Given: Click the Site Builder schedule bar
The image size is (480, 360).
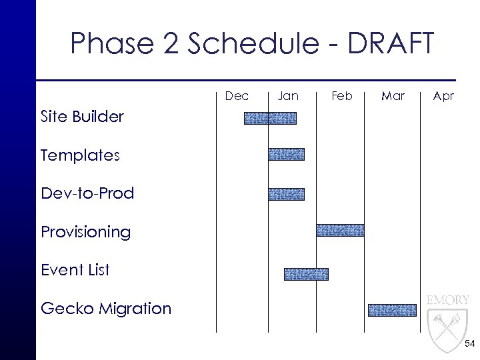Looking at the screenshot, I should click(270, 119).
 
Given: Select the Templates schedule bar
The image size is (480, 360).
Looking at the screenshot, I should click(286, 155).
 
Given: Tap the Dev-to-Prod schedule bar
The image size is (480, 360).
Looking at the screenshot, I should click(286, 194).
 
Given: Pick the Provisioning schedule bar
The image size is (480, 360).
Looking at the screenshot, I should click(340, 231).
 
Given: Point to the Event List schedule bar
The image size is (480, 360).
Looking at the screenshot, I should click(306, 274).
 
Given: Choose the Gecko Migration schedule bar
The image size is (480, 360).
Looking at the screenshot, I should click(392, 310).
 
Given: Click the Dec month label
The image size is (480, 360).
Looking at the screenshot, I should click(237, 96).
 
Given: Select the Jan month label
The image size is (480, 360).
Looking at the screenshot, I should click(288, 96).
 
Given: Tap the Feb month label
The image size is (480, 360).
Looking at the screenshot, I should click(341, 96).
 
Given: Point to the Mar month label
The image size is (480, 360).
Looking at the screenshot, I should click(393, 96).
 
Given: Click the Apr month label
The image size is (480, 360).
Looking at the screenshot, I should click(443, 96).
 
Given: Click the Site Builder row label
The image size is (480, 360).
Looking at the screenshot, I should click(82, 117).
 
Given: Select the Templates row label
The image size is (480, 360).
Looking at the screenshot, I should click(80, 156).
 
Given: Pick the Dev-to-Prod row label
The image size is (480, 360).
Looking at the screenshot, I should click(87, 194).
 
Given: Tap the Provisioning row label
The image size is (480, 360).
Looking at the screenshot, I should click(85, 233).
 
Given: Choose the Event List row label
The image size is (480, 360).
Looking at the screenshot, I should click(75, 271).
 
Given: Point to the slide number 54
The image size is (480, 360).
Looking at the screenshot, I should click(469, 344).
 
